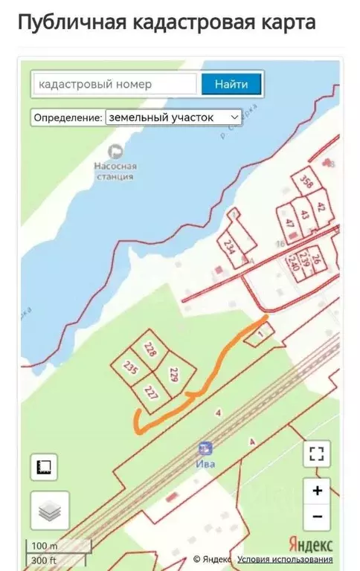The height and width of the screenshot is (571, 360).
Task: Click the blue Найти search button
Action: [231, 84]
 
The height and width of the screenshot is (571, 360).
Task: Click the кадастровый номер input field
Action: [115, 84]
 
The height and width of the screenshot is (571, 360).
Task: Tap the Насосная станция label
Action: [115, 172]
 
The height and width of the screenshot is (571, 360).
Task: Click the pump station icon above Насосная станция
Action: [115, 152]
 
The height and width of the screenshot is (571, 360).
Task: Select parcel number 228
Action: [151, 349]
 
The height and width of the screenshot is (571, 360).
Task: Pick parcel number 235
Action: [131, 368]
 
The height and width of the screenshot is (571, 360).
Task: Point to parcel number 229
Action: [175, 375]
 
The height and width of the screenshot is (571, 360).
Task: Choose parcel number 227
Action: [151, 392]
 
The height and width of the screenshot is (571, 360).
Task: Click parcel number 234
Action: [229, 247]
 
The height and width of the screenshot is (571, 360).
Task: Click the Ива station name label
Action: [205, 464]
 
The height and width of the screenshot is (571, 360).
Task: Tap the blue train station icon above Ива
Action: [205, 448]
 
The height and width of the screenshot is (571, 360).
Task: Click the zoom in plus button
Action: [318, 490]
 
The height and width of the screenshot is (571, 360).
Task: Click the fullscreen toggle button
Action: [317, 454]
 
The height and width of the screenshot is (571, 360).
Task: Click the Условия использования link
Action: [285, 559]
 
